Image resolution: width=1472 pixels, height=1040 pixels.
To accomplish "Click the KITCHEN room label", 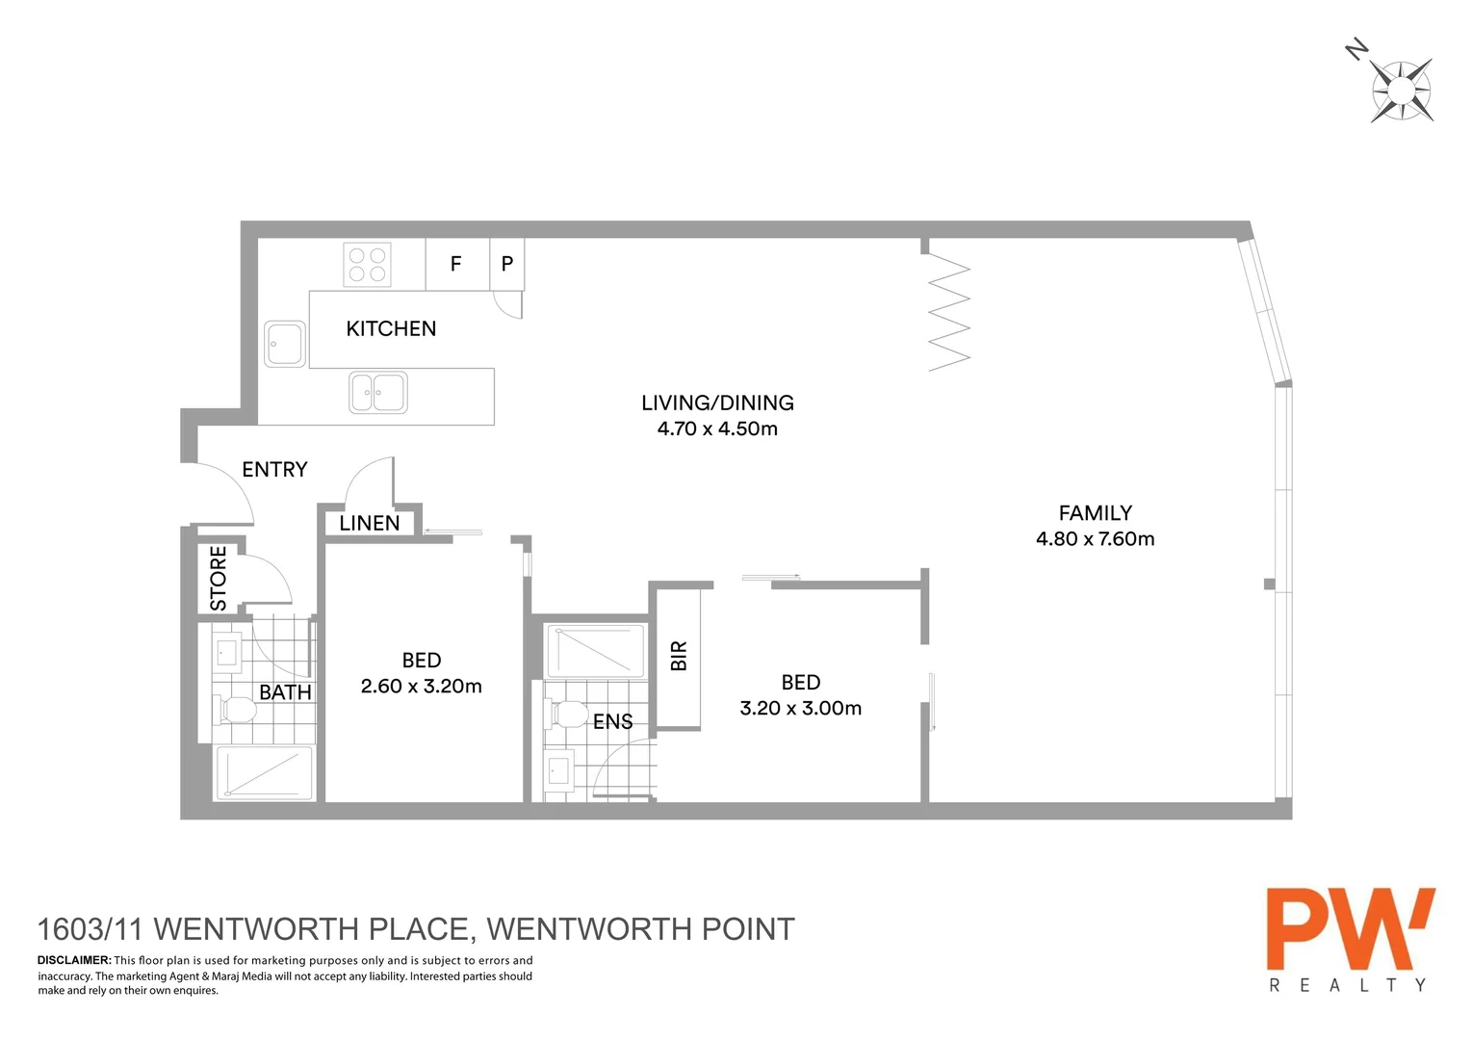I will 391,329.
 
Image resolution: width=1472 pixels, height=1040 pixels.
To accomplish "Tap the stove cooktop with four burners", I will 367,265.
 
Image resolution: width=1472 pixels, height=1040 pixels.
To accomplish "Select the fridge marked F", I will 456,264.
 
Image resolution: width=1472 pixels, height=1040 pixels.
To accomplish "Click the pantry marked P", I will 507,264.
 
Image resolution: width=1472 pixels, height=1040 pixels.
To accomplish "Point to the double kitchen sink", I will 378,393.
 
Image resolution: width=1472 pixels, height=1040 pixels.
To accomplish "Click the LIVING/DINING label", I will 717,403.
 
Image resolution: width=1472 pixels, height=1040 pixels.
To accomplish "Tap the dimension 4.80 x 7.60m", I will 1095,539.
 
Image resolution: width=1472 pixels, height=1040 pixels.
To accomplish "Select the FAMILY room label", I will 1095,513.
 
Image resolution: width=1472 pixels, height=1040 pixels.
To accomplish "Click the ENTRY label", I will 274,470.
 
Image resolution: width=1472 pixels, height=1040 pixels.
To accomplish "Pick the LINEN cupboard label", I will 370,524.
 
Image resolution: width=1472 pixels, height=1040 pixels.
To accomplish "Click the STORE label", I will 219,578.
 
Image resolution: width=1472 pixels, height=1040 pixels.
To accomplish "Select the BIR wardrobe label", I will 679,656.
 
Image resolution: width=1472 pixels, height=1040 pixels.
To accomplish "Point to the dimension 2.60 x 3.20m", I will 421,687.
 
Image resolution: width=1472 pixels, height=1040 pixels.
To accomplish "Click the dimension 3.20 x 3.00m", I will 800,709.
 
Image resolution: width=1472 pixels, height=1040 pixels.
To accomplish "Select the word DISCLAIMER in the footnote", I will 74,960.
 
